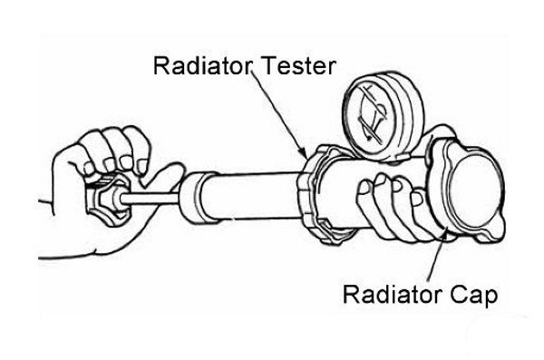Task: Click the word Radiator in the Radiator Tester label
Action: click(x=202, y=66)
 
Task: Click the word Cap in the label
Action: click(x=473, y=296)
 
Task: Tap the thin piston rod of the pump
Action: click(x=150, y=199)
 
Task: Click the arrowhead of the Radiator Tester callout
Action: click(x=303, y=152)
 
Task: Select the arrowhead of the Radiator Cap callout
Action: click(x=443, y=236)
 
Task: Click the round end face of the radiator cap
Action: click(x=476, y=191)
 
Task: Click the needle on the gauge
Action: click(x=372, y=114)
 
